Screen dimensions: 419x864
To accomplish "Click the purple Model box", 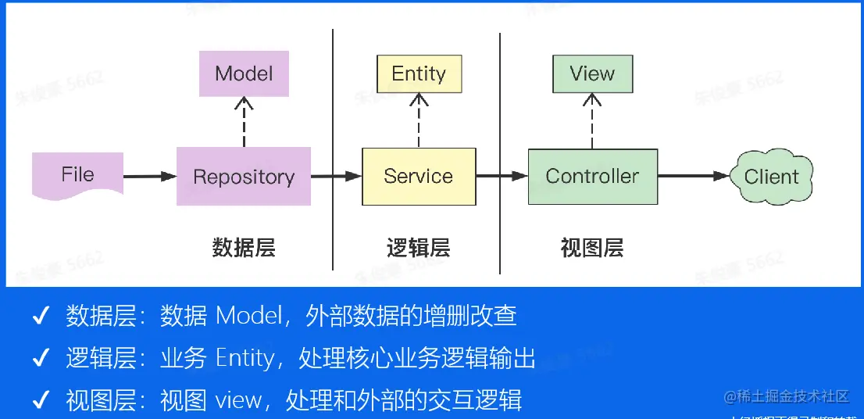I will pyautogui.click(x=244, y=74).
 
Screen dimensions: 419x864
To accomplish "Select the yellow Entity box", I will pyautogui.click(x=419, y=73).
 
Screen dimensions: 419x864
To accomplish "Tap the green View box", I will pyautogui.click(x=592, y=73).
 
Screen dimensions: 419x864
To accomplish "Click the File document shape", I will pyautogui.click(x=77, y=174).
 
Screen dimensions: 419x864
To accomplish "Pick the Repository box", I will pyautogui.click(x=244, y=177).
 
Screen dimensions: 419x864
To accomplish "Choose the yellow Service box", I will pyautogui.click(x=419, y=177).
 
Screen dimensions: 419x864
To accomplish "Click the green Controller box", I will pyautogui.click(x=592, y=177).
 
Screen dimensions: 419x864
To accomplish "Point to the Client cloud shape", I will pyautogui.click(x=771, y=177).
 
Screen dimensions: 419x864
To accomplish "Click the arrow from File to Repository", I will pyautogui.click(x=149, y=177).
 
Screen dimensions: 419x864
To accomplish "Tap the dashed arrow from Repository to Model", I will pyautogui.click(x=244, y=122).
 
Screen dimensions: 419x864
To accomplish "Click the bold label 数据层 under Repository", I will pyautogui.click(x=244, y=249).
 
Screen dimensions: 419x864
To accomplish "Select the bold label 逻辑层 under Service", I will pyautogui.click(x=419, y=249).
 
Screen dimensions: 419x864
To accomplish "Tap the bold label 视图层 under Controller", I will pyautogui.click(x=592, y=249).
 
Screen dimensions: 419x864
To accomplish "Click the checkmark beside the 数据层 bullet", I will pyautogui.click(x=40, y=317).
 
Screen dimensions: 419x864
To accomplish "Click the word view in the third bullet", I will pyautogui.click(x=238, y=401).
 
